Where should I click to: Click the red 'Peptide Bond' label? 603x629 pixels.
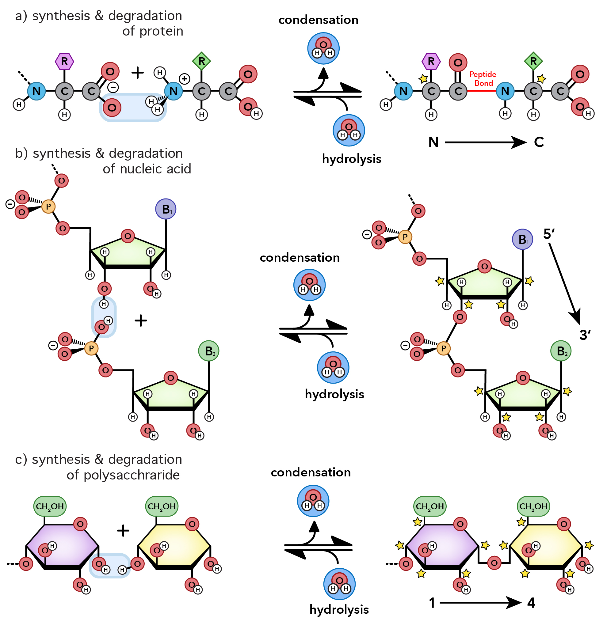(x=482, y=79)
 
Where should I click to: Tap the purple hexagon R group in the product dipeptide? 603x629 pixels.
(x=431, y=61)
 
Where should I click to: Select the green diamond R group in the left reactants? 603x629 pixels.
(x=201, y=61)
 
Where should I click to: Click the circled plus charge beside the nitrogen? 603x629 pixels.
(x=184, y=79)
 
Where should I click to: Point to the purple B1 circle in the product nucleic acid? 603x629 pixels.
(x=522, y=239)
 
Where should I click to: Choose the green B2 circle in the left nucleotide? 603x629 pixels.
(x=209, y=351)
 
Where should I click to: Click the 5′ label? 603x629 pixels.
(x=549, y=234)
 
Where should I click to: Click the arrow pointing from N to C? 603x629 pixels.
(x=485, y=142)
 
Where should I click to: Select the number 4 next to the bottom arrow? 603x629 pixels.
(x=531, y=603)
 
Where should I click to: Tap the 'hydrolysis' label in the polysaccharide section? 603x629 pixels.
(x=339, y=609)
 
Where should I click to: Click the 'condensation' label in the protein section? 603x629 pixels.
(x=318, y=20)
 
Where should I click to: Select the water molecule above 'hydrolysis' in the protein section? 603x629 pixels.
(x=349, y=130)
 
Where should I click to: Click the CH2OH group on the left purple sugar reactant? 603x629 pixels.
(x=50, y=506)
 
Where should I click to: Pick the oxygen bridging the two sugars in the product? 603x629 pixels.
(x=494, y=563)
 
